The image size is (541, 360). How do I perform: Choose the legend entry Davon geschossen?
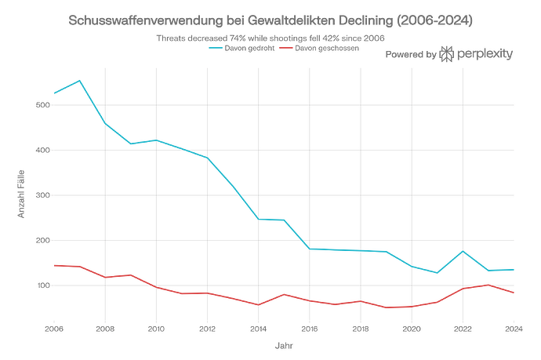coord(323,48)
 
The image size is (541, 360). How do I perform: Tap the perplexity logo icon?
coord(447,54)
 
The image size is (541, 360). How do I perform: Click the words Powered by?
coord(411,55)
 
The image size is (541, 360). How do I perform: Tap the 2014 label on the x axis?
coord(258,329)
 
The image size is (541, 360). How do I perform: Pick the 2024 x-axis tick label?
coord(513,329)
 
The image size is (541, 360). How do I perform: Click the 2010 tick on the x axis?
coord(156,329)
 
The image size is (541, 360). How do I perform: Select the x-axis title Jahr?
coord(284,345)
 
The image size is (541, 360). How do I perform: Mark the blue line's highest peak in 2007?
coord(80,80)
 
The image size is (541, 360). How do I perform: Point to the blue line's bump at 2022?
coord(463,252)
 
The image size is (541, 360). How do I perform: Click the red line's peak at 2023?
coord(488,285)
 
